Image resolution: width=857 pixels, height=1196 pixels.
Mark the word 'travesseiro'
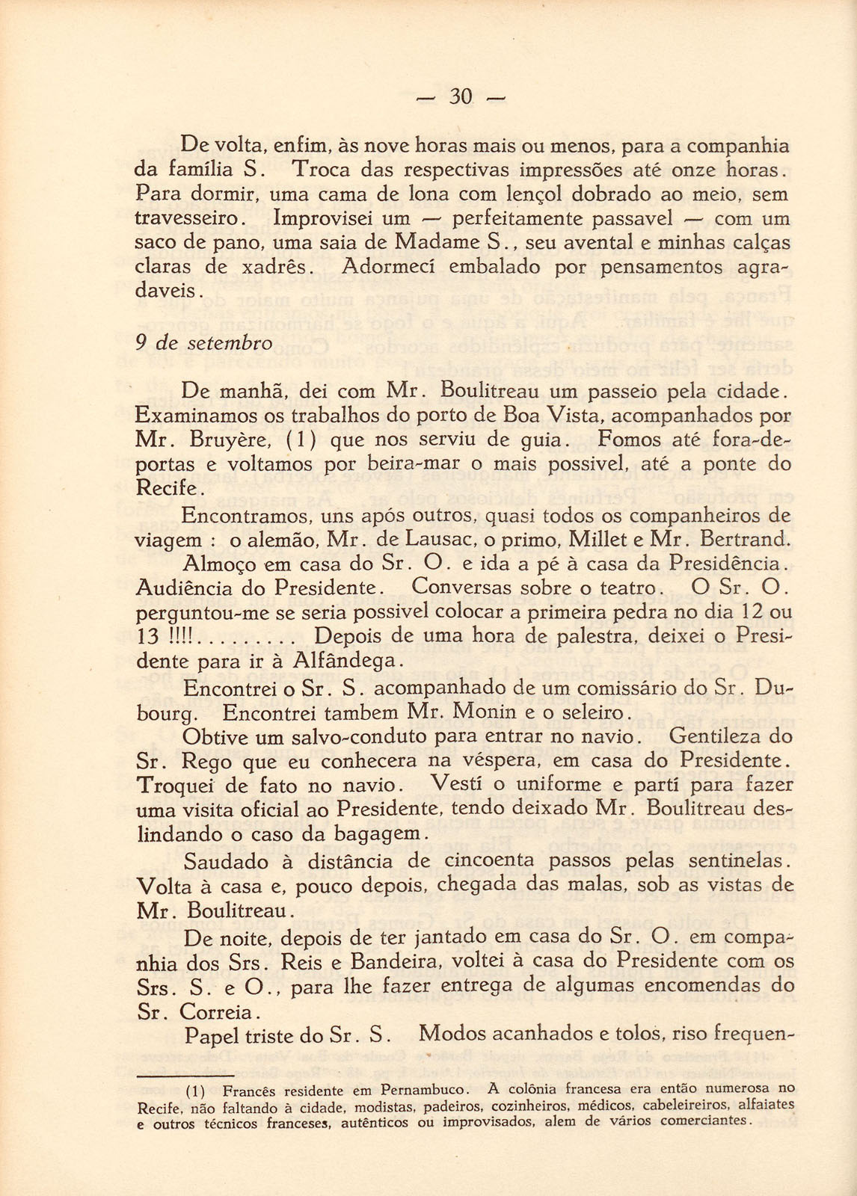point(190,219)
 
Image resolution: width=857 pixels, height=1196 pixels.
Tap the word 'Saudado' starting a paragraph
point(226,861)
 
